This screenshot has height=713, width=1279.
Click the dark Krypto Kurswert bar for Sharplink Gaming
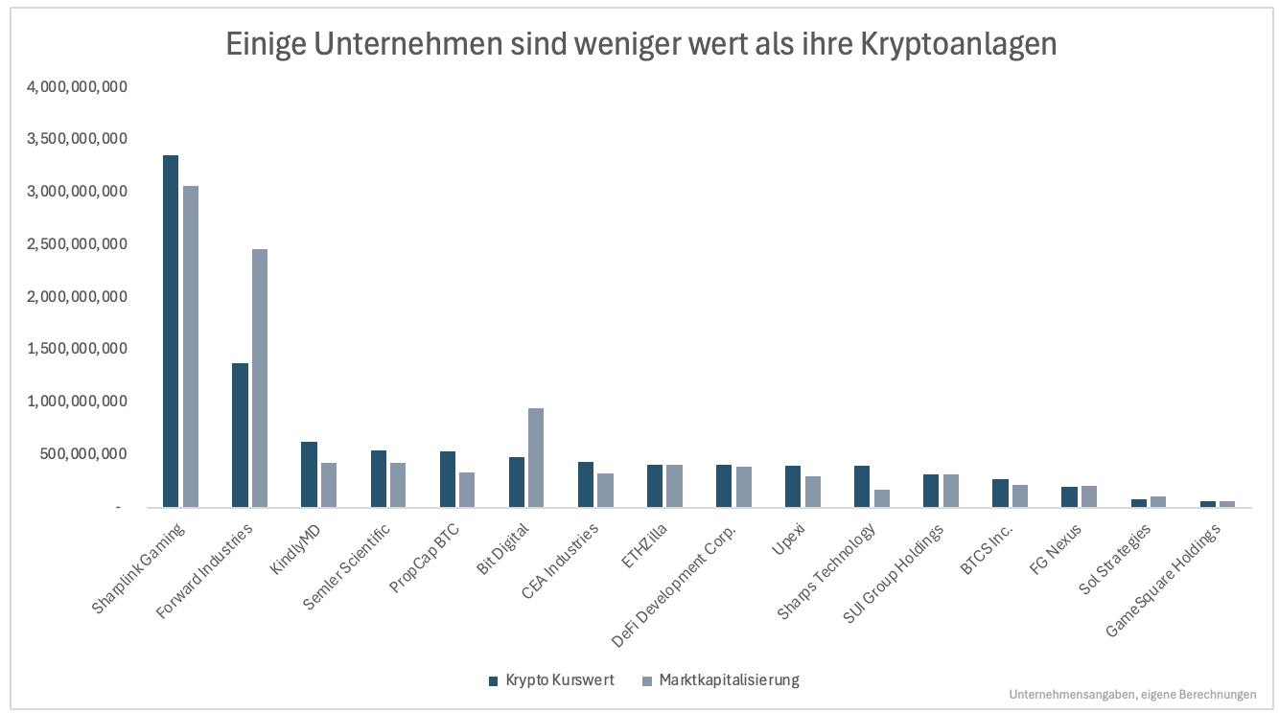(171, 331)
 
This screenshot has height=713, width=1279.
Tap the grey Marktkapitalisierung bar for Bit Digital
(536, 457)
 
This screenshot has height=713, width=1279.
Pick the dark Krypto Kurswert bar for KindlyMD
(309, 474)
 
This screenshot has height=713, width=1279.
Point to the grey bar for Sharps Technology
(881, 498)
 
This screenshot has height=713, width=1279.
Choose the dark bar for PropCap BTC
(447, 479)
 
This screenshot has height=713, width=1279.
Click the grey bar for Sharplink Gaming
(191, 346)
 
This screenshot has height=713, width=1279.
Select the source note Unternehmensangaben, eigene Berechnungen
(1132, 695)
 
